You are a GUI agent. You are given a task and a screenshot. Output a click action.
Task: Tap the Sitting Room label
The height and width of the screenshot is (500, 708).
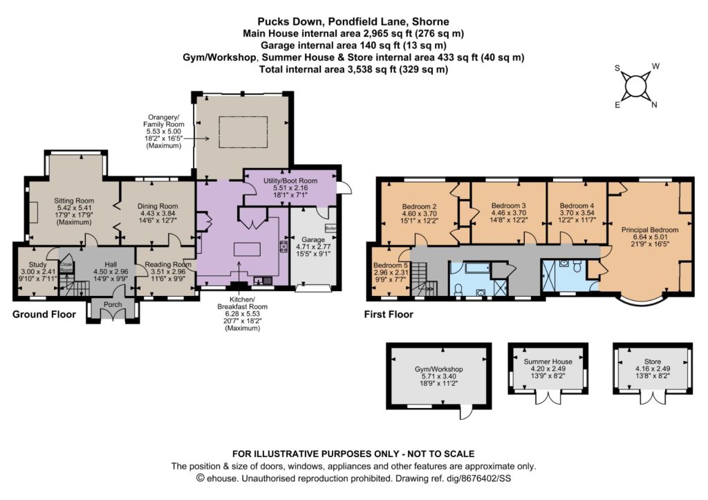[x=74, y=201]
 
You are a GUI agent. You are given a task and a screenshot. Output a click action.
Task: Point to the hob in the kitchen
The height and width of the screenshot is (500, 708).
[x=284, y=247]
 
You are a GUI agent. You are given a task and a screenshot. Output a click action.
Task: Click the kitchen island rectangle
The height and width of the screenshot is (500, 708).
[x=247, y=250]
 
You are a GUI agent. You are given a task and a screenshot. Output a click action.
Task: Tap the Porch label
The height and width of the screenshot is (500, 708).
[x=113, y=304]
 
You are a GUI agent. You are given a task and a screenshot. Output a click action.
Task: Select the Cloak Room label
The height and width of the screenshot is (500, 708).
[x=66, y=267]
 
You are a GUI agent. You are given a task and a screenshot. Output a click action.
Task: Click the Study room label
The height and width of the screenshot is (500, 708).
[x=37, y=264]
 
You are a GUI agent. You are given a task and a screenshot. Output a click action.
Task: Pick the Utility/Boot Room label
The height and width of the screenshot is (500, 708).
[x=290, y=180]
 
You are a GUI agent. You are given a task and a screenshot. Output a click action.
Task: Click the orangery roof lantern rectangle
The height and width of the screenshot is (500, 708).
[x=243, y=132]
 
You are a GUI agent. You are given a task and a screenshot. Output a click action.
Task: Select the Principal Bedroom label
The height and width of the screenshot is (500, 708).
[x=650, y=230]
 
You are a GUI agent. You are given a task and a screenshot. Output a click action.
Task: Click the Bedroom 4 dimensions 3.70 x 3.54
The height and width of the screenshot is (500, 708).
[x=577, y=213]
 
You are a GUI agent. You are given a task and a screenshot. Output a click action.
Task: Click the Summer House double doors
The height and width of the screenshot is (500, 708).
[x=548, y=398]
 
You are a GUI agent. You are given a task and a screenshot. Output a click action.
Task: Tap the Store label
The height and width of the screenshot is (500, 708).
[x=653, y=361]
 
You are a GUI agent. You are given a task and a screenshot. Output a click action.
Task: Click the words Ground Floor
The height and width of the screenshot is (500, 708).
[x=44, y=314]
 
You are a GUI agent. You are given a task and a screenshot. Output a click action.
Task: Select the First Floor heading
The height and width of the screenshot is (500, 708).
[x=389, y=314]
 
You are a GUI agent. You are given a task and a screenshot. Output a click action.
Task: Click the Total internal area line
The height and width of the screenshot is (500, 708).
[x=353, y=69]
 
